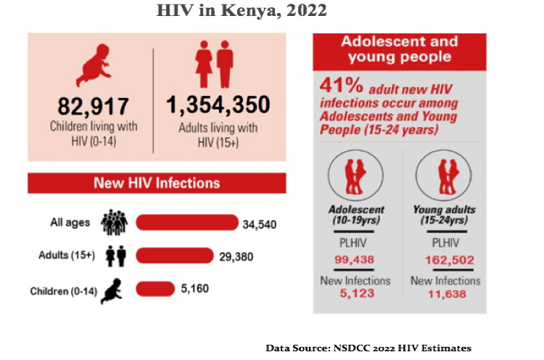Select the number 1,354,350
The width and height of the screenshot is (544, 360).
[218, 105]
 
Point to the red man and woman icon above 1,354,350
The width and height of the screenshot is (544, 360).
[214, 64]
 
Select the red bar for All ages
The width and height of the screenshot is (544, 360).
[186, 222]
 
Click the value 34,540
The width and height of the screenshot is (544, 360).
[260, 224]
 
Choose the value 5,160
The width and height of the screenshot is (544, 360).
[195, 290]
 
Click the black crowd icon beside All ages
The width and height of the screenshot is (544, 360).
[115, 222]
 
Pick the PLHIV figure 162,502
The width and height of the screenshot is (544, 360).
[445, 260]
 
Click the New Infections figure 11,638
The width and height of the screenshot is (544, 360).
[445, 293]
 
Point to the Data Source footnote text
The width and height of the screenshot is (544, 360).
[368, 348]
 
